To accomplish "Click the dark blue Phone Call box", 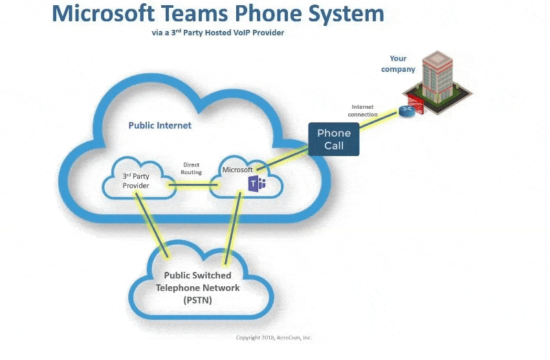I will pyautogui.click(x=334, y=139).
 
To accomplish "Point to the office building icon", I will pyautogui.click(x=439, y=81).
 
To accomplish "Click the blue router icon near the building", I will pyautogui.click(x=406, y=111).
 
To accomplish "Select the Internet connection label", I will pyautogui.click(x=363, y=111).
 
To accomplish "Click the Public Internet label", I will pyautogui.click(x=160, y=125).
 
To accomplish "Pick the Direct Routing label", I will pyautogui.click(x=192, y=168).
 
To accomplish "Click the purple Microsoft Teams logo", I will pyautogui.click(x=257, y=185).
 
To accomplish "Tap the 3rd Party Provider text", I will pyautogui.click(x=136, y=181).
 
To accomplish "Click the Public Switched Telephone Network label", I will pyautogui.click(x=197, y=287).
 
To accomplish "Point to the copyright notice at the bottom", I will pyautogui.click(x=274, y=337).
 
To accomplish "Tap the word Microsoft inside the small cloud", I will pyautogui.click(x=237, y=170).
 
